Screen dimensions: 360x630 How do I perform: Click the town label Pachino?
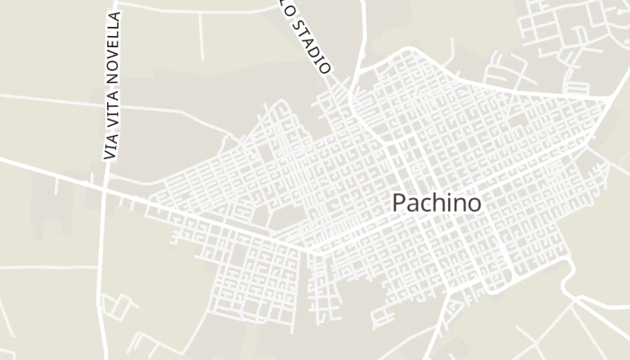(x=436, y=203)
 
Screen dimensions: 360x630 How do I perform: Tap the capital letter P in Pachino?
(x=399, y=203)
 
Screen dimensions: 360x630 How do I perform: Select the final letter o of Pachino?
(x=474, y=204)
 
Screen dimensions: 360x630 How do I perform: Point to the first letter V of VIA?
(x=111, y=156)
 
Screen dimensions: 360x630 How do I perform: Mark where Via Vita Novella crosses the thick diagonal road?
(x=104, y=187)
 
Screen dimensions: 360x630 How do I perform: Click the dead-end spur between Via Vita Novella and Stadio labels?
(x=200, y=40)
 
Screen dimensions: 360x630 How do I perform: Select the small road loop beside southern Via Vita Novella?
(x=121, y=306)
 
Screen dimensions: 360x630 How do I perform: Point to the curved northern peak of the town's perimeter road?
(x=404, y=54)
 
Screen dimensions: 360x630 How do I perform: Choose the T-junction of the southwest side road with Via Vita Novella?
(x=99, y=267)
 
